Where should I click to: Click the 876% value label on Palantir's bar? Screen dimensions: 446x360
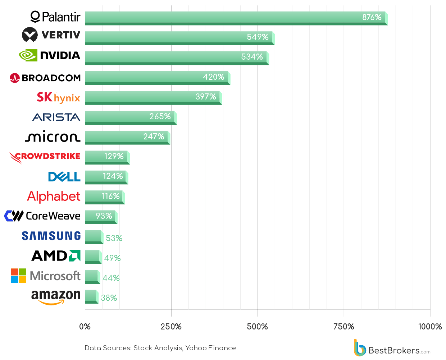pyautogui.click(x=372, y=17)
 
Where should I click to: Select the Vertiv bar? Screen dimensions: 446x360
pyautogui.click(x=180, y=38)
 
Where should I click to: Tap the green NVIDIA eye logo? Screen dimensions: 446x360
pyautogui.click(x=28, y=55)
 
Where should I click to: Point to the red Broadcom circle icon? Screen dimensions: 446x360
pyautogui.click(x=15, y=78)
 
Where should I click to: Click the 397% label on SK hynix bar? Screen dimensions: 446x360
pyautogui.click(x=206, y=97)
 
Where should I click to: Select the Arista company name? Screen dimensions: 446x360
pyautogui.click(x=56, y=117)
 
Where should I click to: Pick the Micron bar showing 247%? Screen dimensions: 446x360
pyautogui.click(x=128, y=138)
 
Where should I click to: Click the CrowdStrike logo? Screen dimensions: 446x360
pyautogui.click(x=45, y=157)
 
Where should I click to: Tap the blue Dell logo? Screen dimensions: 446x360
pyautogui.click(x=64, y=176)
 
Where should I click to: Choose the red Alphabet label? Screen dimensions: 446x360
pyautogui.click(x=54, y=197)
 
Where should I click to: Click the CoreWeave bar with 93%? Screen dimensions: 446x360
pyautogui.click(x=101, y=217)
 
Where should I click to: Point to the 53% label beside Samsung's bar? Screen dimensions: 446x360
pyautogui.click(x=114, y=238)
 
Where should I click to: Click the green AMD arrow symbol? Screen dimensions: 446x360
pyautogui.click(x=75, y=255)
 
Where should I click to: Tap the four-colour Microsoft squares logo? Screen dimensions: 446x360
pyautogui.click(x=18, y=276)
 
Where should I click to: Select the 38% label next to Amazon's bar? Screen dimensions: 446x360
pyautogui.click(x=109, y=297)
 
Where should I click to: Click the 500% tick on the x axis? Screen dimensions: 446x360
pyautogui.click(x=257, y=327)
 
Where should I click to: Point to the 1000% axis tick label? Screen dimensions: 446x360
pyautogui.click(x=430, y=327)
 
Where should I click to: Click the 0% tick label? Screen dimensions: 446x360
pyautogui.click(x=85, y=327)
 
